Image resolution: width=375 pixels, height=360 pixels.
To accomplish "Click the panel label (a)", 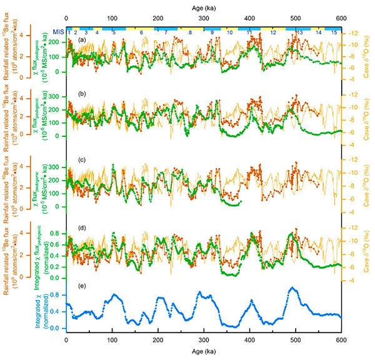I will coord(82,40).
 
